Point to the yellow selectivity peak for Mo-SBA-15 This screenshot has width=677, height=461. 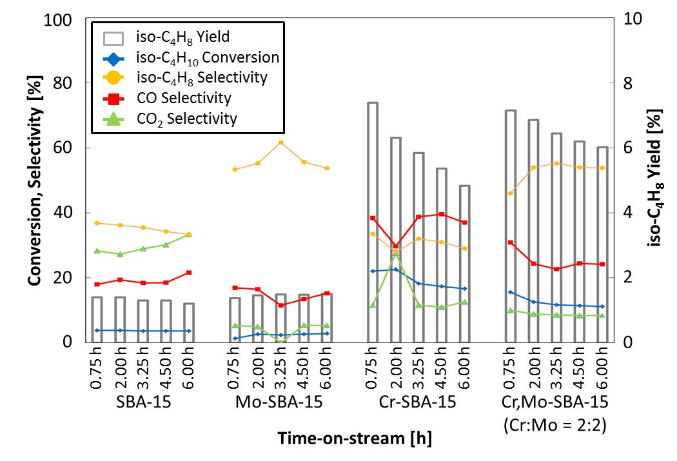pyautogui.click(x=280, y=142)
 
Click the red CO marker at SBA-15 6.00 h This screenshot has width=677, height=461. pyautogui.click(x=189, y=273)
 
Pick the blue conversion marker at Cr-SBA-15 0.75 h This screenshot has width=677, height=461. pyautogui.click(x=373, y=271)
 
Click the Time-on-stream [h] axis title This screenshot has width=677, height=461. pyautogui.click(x=354, y=439)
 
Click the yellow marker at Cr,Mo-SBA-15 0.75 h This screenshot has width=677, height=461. pyautogui.click(x=511, y=193)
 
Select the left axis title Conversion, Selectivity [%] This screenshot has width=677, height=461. pyautogui.click(x=32, y=180)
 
